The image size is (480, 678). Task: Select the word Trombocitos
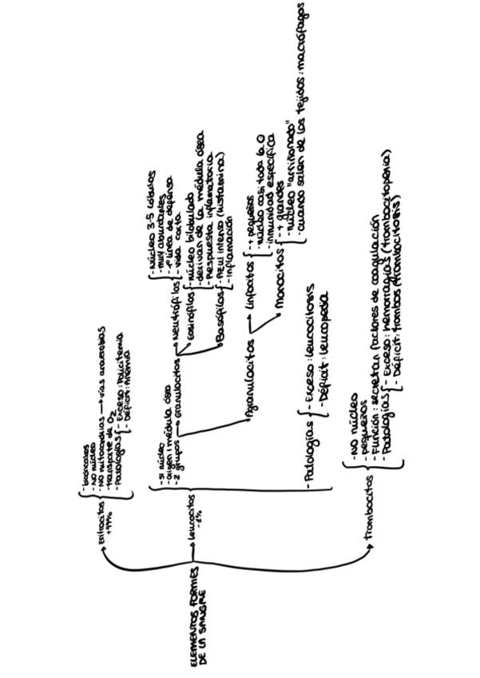coord(368,512)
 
